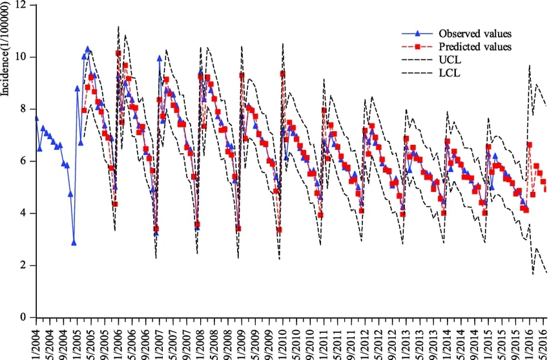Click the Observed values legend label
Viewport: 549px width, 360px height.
tap(475, 33)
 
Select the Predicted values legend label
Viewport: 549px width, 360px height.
tap(475, 47)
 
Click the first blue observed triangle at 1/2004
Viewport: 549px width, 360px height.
tap(36, 118)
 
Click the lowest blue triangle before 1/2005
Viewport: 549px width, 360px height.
tap(74, 243)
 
